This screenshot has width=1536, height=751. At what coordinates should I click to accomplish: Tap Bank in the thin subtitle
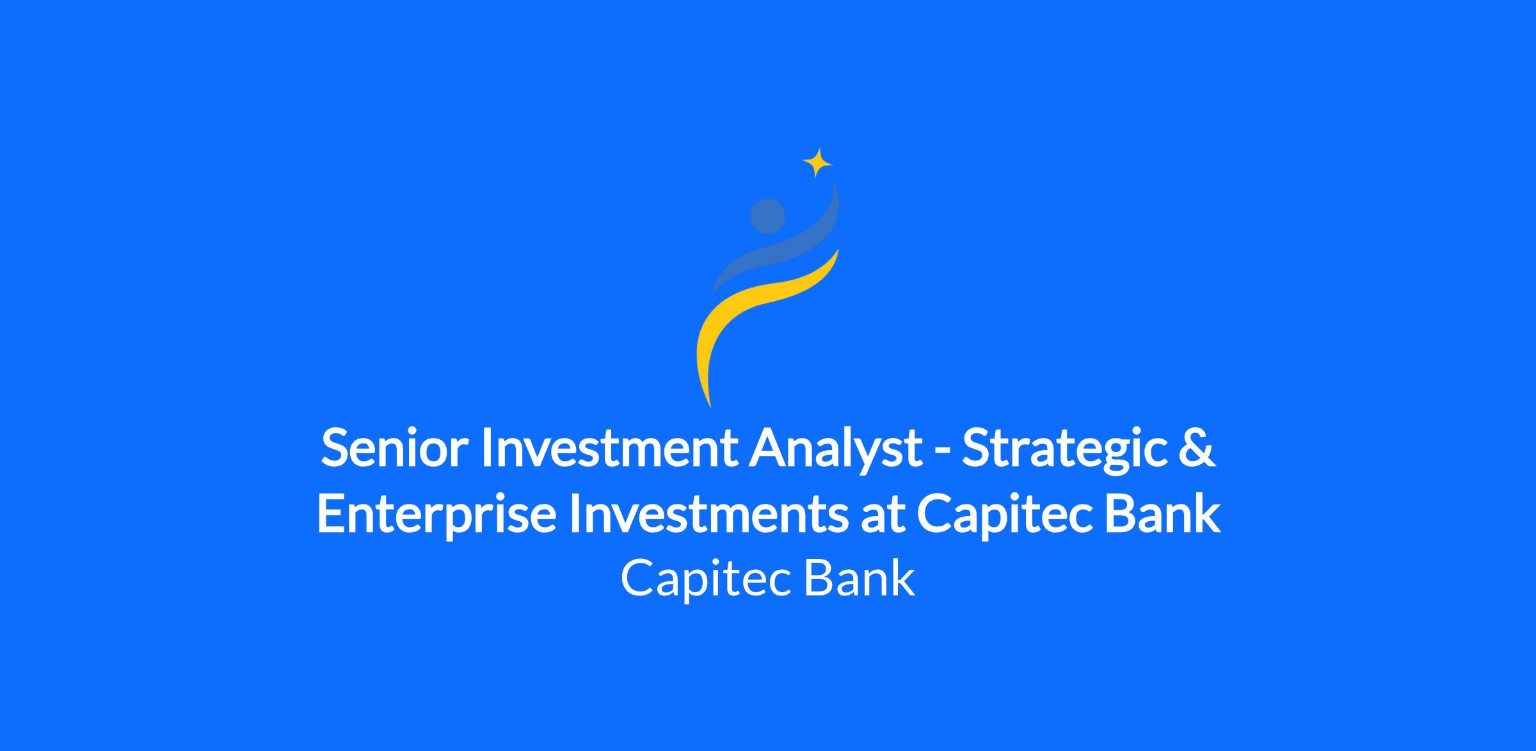[860, 578]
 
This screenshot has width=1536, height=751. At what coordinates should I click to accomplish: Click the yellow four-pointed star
[817, 163]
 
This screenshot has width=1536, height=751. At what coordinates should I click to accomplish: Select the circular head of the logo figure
[767, 216]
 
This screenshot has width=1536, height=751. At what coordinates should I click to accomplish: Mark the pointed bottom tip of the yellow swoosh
[710, 407]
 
